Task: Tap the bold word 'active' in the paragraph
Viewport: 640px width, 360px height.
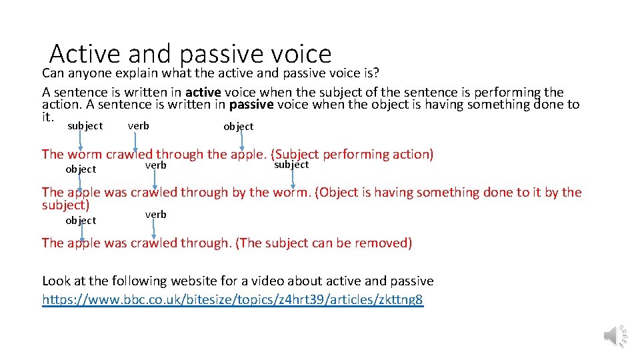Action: click(x=203, y=93)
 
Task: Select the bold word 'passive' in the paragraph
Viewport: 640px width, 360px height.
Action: click(x=251, y=105)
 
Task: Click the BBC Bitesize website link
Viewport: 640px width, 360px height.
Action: click(x=232, y=299)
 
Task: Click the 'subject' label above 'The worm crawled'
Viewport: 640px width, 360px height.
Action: click(x=85, y=125)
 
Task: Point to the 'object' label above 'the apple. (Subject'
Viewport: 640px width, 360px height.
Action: click(x=238, y=126)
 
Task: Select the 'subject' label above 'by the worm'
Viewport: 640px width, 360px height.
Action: click(x=291, y=164)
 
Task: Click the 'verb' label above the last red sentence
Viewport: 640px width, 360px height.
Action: click(x=155, y=214)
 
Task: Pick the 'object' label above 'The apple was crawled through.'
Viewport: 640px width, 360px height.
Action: click(x=81, y=220)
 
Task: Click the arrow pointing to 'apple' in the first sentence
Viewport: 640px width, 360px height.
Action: click(x=242, y=141)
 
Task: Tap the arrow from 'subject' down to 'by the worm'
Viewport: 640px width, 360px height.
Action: click(x=293, y=177)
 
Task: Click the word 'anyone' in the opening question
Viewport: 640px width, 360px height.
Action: click(x=89, y=72)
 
